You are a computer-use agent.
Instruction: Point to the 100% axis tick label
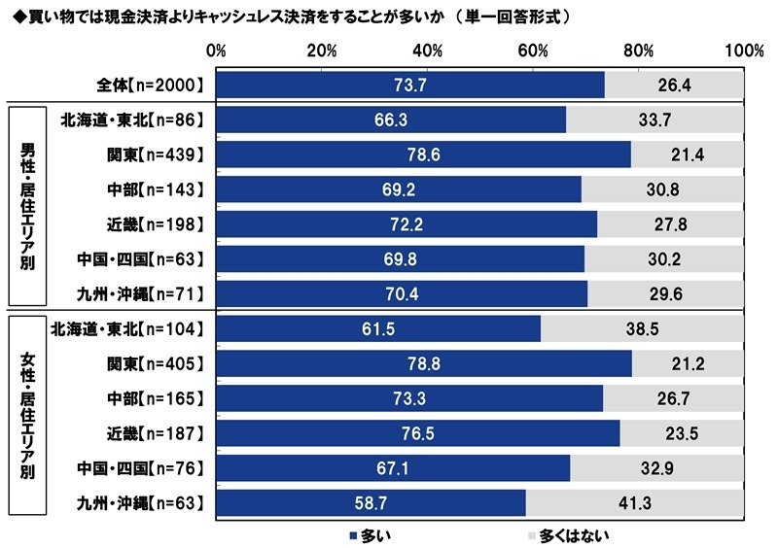tap(744, 51)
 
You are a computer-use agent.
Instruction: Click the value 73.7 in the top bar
tap(410, 86)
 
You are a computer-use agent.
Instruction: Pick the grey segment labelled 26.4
tap(674, 86)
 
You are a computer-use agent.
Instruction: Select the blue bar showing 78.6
tap(423, 154)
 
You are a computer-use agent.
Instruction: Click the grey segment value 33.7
tap(654, 120)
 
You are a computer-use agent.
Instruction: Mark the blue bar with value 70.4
tap(402, 293)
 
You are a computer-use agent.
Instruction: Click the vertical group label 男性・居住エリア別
tap(28, 207)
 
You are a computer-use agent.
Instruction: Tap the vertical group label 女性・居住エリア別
tap(28, 416)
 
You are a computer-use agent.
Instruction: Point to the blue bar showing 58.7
tap(371, 502)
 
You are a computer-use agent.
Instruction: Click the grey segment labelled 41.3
tap(634, 502)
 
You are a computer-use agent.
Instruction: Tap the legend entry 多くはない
tap(564, 534)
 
